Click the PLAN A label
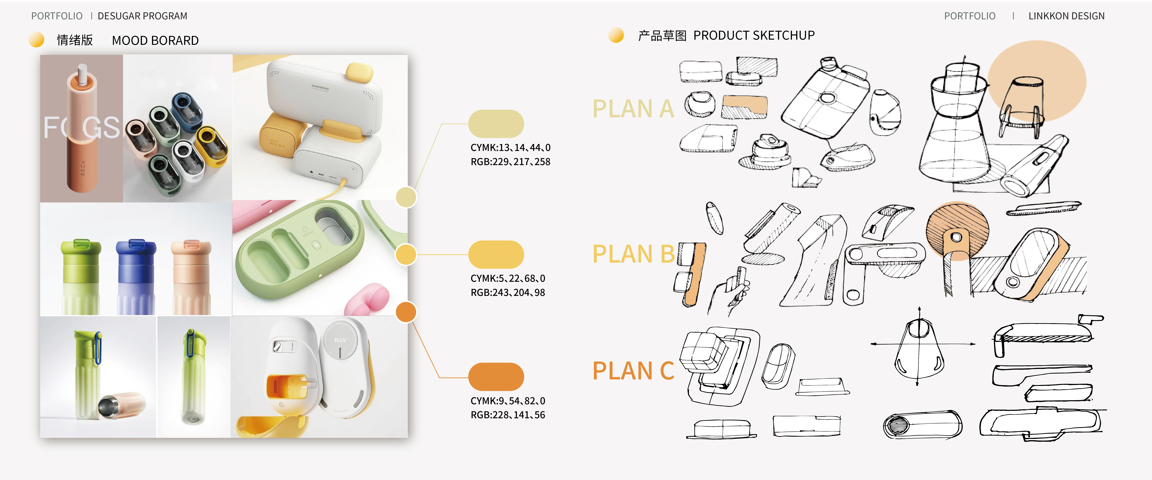[633, 109]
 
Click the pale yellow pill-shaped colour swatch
[496, 124]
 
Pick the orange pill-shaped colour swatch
[496, 377]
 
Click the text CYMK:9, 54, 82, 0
[508, 401]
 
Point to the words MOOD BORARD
[155, 41]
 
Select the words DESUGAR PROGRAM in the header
[142, 16]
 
